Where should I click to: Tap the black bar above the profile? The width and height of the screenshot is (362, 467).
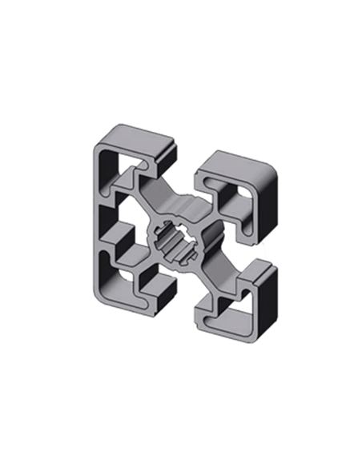[x=181, y=99]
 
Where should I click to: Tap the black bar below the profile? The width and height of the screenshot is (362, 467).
[x=181, y=367]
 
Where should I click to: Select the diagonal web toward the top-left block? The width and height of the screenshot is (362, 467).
[x=152, y=200]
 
